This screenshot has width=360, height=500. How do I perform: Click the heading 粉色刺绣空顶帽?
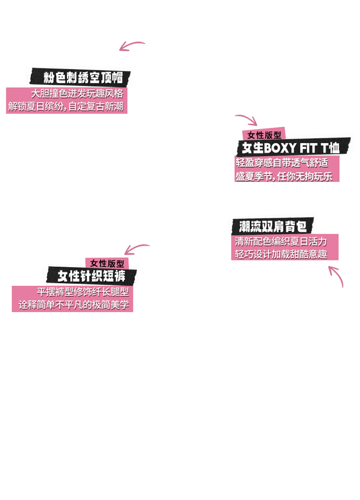tap(83, 78)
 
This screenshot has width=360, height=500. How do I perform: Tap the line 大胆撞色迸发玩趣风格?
tap(77, 94)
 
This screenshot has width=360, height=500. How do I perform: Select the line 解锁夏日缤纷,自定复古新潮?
tap(65, 106)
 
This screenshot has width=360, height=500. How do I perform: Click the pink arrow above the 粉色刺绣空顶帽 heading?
tap(131, 46)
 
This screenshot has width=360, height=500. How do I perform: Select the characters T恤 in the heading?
tap(330, 148)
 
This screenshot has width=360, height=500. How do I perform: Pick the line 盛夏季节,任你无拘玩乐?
tap(287, 176)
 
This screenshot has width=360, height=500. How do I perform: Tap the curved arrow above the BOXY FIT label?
tap(246, 119)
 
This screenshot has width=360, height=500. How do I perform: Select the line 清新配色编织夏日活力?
tap(281, 241)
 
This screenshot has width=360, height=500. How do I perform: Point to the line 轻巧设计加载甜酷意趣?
tap(281, 254)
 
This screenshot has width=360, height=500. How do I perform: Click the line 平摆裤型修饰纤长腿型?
tap(83, 292)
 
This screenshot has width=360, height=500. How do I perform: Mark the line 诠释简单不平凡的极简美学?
tap(73, 306)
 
